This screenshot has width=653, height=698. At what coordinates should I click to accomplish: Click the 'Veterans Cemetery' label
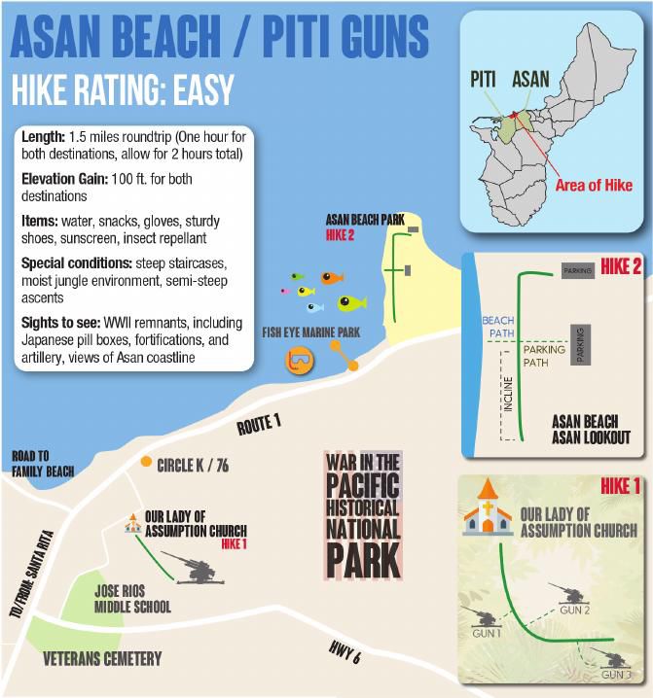(102, 659)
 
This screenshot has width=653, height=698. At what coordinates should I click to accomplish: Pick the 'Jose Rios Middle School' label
(132, 599)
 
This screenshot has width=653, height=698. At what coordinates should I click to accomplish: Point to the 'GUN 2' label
(575, 609)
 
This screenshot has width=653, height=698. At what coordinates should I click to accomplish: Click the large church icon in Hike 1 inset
(488, 510)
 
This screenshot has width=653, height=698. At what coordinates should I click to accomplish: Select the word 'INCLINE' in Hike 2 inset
(507, 393)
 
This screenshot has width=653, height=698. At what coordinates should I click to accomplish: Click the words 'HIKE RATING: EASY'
(123, 89)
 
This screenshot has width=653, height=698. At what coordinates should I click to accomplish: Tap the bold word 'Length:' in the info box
(44, 138)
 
